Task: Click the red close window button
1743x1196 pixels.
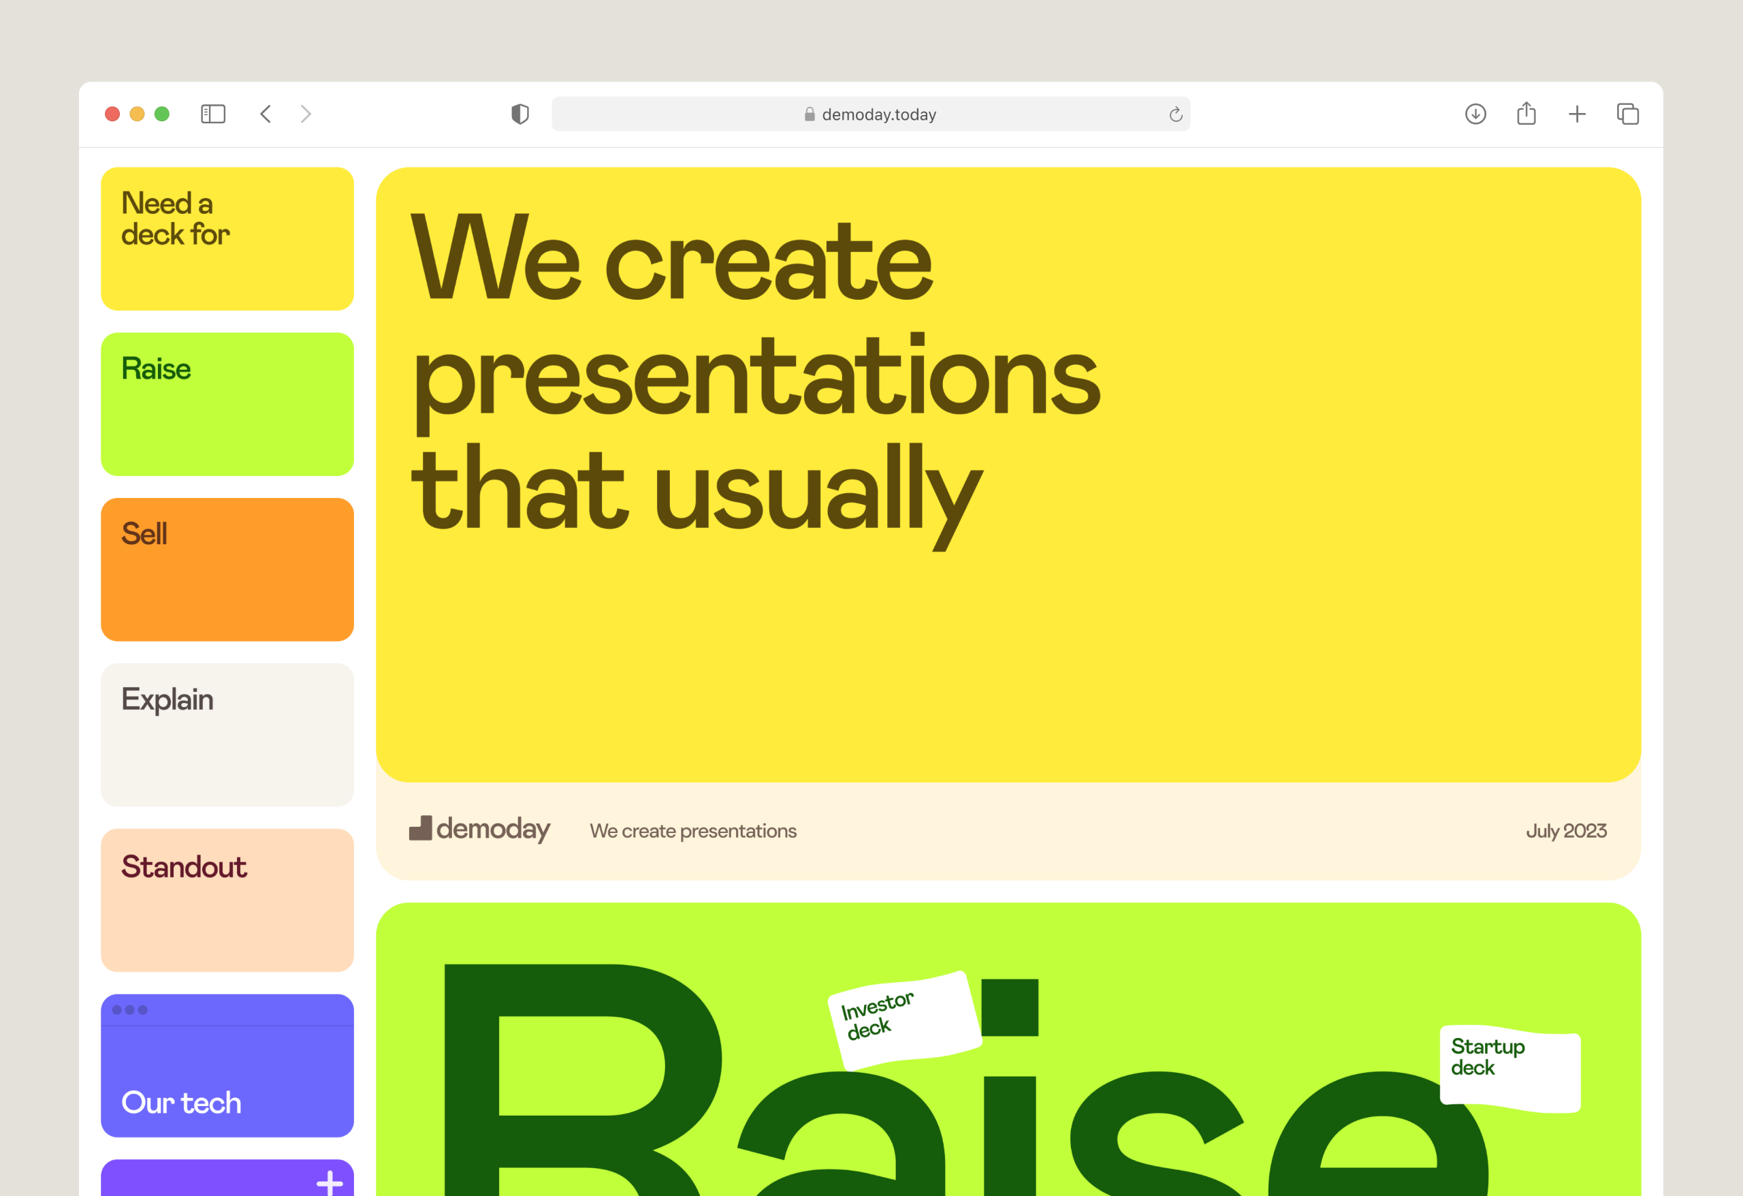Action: [x=112, y=114]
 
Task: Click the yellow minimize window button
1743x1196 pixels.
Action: [x=138, y=114]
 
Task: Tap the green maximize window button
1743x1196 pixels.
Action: [x=162, y=114]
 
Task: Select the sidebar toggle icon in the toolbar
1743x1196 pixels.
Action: [x=213, y=114]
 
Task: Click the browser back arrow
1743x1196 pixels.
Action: [x=266, y=114]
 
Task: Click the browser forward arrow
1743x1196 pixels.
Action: [x=306, y=114]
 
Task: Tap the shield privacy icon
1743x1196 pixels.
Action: [x=519, y=114]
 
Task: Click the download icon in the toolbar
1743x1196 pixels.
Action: [x=1475, y=114]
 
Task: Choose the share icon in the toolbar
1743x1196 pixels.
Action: [x=1526, y=113]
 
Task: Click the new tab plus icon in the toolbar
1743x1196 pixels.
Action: [x=1578, y=114]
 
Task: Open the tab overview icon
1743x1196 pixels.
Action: [x=1627, y=114]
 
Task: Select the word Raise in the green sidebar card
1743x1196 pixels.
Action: [x=156, y=369]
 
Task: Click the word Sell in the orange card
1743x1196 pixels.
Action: [x=144, y=534]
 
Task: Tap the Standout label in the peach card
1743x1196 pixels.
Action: [x=184, y=866]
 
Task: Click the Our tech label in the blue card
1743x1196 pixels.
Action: [x=182, y=1103]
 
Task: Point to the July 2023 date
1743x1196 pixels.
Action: [x=1566, y=832]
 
